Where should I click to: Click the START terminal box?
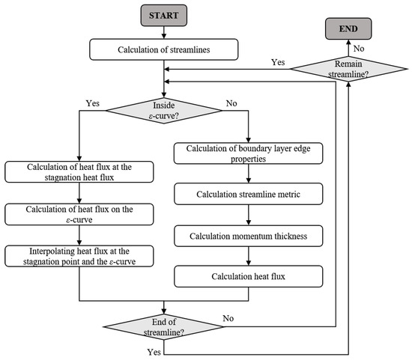click(164, 16)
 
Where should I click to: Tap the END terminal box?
click(348, 28)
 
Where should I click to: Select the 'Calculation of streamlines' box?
click(164, 49)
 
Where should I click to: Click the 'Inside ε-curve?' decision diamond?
click(164, 111)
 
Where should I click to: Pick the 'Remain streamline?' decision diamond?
click(348, 69)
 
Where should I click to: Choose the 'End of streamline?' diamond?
click(164, 327)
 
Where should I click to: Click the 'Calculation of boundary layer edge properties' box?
click(248, 153)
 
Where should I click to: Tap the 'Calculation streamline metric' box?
click(248, 194)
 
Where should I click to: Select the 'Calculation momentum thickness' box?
click(248, 236)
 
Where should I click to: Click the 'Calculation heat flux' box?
click(248, 276)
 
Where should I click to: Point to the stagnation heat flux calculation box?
click(79, 172)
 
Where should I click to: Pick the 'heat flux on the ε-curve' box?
click(79, 214)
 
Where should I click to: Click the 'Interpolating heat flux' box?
click(79, 256)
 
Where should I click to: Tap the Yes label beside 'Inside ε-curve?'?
click(93, 103)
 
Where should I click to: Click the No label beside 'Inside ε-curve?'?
click(231, 103)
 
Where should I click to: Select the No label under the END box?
click(359, 49)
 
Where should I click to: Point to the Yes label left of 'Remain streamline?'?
click(278, 62)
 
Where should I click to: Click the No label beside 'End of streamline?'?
click(228, 318)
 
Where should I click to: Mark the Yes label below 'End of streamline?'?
click(154, 352)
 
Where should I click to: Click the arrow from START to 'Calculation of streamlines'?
click(164, 33)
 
